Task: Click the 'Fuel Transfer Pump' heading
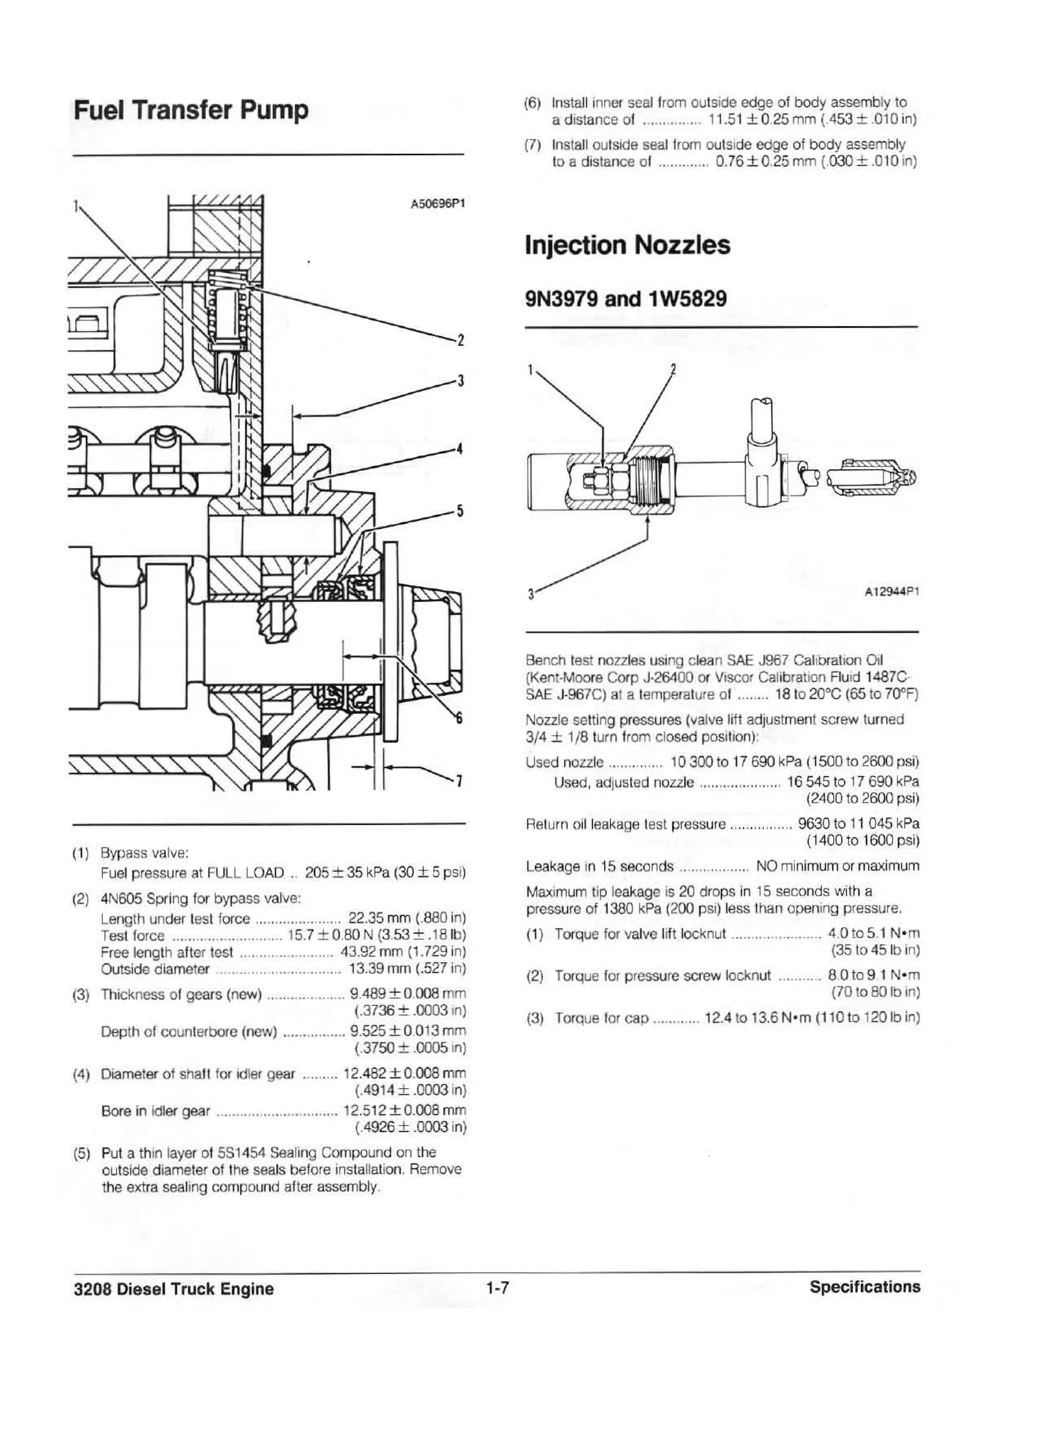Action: tap(191, 110)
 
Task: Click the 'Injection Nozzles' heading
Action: tap(627, 245)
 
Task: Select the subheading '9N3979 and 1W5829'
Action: tap(626, 298)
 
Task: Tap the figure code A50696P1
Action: tap(438, 204)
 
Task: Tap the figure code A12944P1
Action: tap(891, 592)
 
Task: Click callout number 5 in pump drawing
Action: tap(461, 510)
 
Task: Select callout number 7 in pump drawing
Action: tap(461, 782)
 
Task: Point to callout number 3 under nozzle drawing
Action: tap(530, 594)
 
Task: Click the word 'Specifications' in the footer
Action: tap(864, 1286)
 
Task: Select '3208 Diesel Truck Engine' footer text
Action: tap(174, 1289)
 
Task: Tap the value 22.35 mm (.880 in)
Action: tap(407, 919)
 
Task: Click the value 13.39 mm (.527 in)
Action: tap(407, 969)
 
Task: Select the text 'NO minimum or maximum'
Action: tap(837, 866)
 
